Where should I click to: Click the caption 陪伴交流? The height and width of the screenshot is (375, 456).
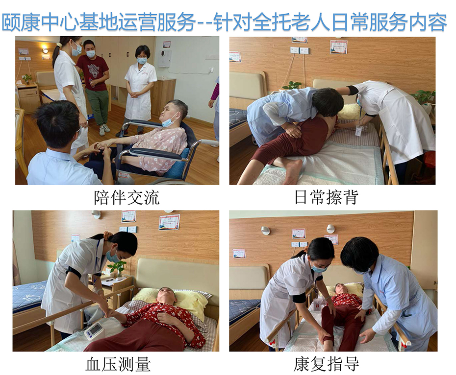127,197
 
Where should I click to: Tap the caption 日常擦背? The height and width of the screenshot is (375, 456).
326,197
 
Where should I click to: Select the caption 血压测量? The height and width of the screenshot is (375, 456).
118,364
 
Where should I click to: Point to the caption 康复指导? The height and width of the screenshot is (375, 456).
326,364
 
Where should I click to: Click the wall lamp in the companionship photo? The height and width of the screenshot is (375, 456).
46,50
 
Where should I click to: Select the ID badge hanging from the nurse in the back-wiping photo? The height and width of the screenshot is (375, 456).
358,131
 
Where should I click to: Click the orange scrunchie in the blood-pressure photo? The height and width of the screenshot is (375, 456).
108,235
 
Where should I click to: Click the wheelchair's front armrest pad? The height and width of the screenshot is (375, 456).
157,155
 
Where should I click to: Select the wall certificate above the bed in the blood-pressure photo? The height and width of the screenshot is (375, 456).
169,222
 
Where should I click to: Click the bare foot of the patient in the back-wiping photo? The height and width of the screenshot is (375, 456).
291,172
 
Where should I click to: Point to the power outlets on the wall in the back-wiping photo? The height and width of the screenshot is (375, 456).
300,50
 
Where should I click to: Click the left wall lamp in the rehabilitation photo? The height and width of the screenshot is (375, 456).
265,231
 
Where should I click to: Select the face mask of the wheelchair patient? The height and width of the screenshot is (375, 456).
170,119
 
